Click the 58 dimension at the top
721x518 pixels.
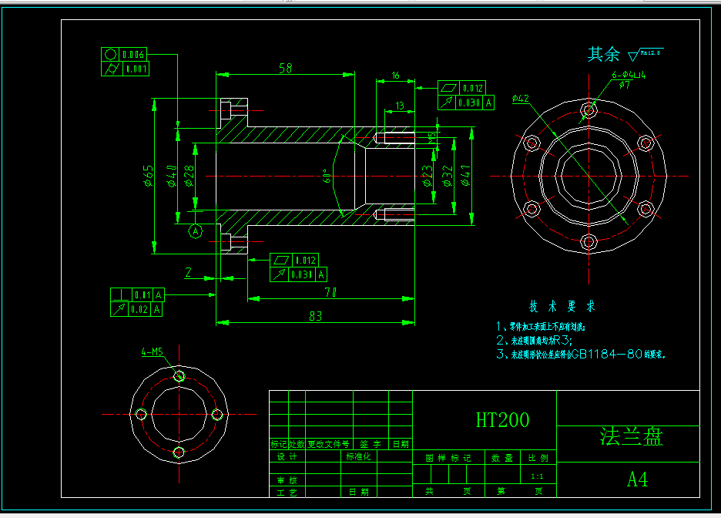pyautogui.click(x=285, y=69)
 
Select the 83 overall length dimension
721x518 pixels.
pyautogui.click(x=315, y=315)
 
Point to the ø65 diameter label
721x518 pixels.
pyautogui.click(x=148, y=176)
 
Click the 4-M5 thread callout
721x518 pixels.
pyautogui.click(x=152, y=352)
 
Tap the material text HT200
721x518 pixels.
pyautogui.click(x=502, y=420)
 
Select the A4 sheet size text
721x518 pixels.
pyautogui.click(x=637, y=479)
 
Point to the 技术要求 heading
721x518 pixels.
pyautogui.click(x=562, y=306)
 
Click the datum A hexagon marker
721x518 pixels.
pyautogui.click(x=196, y=230)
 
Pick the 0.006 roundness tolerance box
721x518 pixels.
pyautogui.click(x=126, y=55)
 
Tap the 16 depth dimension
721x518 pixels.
pyautogui.click(x=395, y=76)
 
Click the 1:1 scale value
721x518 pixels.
pyautogui.click(x=537, y=477)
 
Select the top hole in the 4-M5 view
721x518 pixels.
pyautogui.click(x=179, y=376)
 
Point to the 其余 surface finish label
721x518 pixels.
pyautogui.click(x=603, y=54)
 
